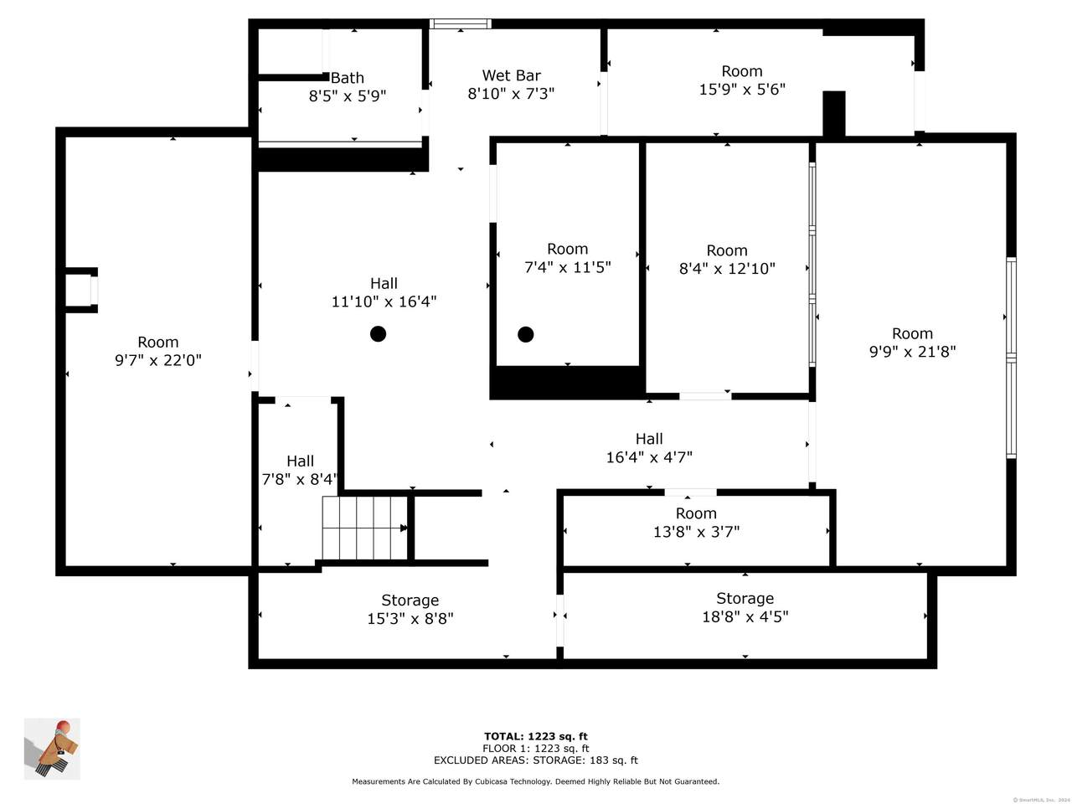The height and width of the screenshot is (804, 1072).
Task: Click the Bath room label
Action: pyautogui.click(x=348, y=78)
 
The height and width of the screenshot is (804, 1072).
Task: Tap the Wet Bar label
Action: pyautogui.click(x=512, y=75)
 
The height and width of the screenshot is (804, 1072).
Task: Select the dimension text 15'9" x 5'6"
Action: pyautogui.click(x=742, y=90)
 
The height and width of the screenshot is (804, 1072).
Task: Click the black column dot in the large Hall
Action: pyautogui.click(x=378, y=334)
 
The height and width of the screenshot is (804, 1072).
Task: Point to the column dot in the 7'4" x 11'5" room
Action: pyautogui.click(x=525, y=334)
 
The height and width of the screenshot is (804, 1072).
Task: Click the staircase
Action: pyautogui.click(x=365, y=528)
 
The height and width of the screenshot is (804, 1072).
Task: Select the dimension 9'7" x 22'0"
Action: pyautogui.click(x=157, y=360)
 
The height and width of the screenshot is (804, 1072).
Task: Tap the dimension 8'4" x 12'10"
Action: pyautogui.click(x=727, y=268)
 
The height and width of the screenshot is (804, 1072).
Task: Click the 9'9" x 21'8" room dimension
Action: pyautogui.click(x=912, y=352)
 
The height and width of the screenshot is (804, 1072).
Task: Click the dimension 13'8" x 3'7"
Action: pyautogui.click(x=696, y=531)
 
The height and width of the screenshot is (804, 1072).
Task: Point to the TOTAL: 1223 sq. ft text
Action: pyautogui.click(x=536, y=736)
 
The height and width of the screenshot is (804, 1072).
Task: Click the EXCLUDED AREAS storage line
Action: pyautogui.click(x=536, y=760)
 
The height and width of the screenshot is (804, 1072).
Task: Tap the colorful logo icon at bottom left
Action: pyautogui.click(x=52, y=749)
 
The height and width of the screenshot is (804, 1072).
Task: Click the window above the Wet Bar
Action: pyautogui.click(x=461, y=24)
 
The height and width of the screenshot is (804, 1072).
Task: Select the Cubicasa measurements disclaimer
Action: pyautogui.click(x=536, y=781)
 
